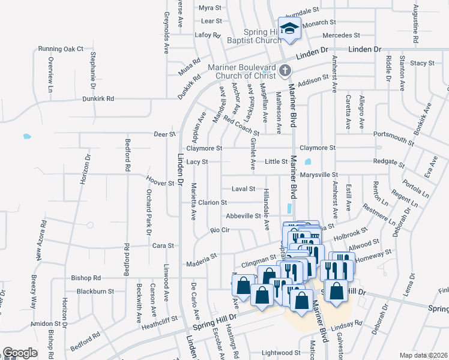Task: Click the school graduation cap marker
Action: coord(290,29)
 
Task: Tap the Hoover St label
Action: coord(160,182)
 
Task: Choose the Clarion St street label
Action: coord(213,203)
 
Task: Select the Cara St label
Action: coord(163,245)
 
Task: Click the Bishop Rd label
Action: coord(85,278)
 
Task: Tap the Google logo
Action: coord(20,353)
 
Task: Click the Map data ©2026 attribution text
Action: coord(423,355)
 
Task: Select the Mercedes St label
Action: coord(341,36)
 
